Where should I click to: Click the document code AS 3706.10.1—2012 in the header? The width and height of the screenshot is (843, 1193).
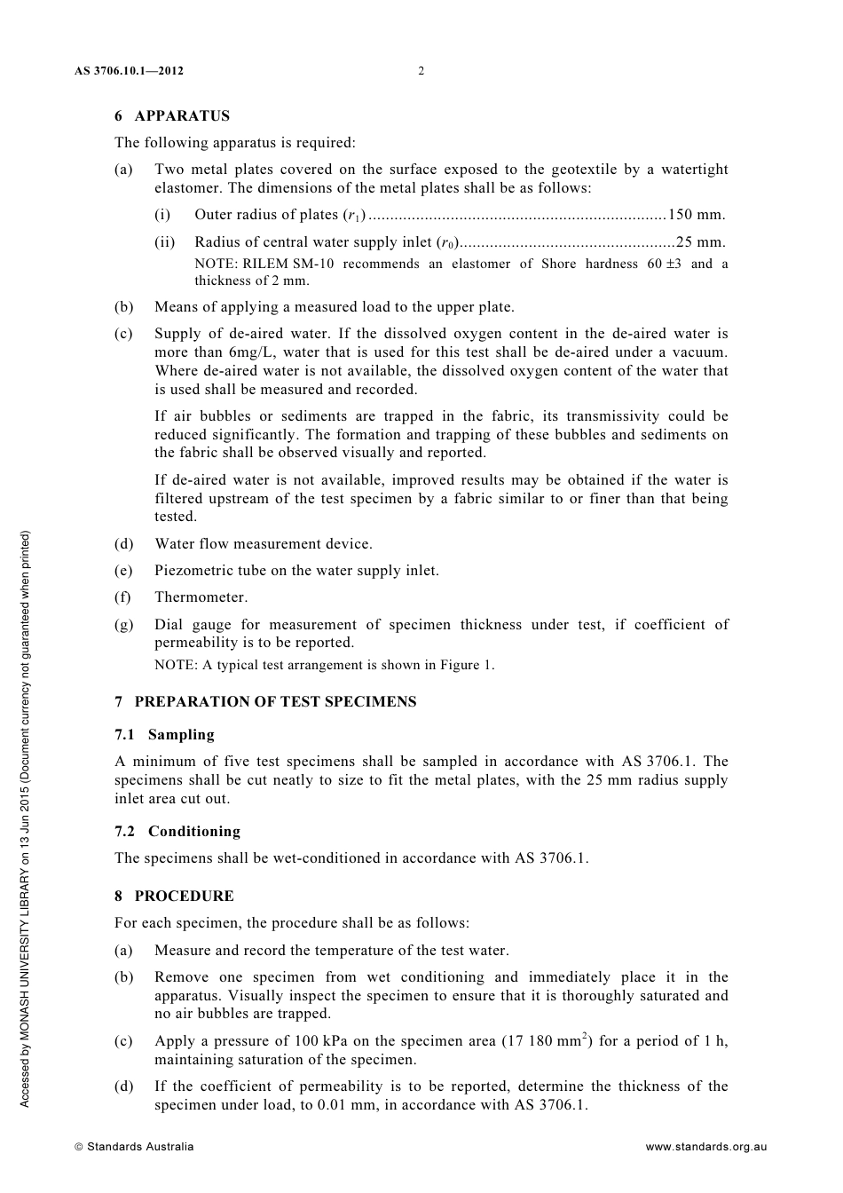tap(129, 71)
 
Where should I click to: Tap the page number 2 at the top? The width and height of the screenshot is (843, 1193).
tap(421, 71)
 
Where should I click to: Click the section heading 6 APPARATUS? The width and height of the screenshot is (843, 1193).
tap(172, 116)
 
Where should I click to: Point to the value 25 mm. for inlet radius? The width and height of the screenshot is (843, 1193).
tap(700, 242)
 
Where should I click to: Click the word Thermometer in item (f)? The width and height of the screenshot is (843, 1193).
tap(201, 597)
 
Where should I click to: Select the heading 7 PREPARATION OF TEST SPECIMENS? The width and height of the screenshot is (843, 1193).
tap(265, 702)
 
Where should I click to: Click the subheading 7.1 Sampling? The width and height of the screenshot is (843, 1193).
tap(165, 735)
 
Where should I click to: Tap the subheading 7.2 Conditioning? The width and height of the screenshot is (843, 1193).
tap(177, 832)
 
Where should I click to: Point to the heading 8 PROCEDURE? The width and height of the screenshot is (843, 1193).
tap(175, 897)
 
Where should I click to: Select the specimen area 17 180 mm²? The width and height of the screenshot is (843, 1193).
tap(548, 1041)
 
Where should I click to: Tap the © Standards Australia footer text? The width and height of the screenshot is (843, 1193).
tap(134, 1147)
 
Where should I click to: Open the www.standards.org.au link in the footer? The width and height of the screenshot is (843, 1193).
tap(705, 1147)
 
